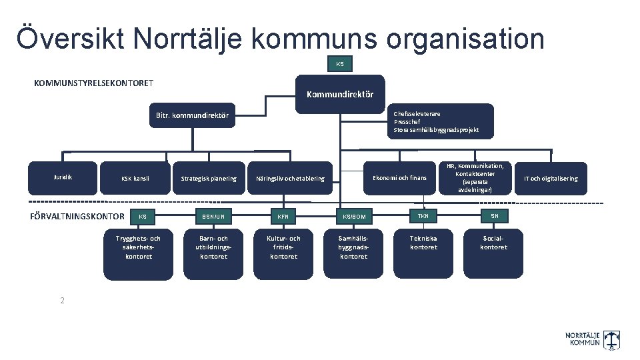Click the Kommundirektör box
(340, 93)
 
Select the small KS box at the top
(340, 64)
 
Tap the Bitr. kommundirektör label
(192, 115)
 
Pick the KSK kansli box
(135, 179)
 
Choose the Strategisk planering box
(209, 179)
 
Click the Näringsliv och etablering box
(290, 179)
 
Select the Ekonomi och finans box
(399, 178)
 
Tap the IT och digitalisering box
(551, 179)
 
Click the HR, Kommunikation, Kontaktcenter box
(475, 178)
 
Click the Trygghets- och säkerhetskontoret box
(138, 253)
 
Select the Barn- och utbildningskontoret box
(213, 253)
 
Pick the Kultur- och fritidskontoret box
(283, 253)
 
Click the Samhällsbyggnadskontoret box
(353, 253)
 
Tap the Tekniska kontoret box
(423, 253)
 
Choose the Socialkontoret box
(494, 253)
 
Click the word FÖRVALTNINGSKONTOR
(77, 216)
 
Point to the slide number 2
(62, 301)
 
